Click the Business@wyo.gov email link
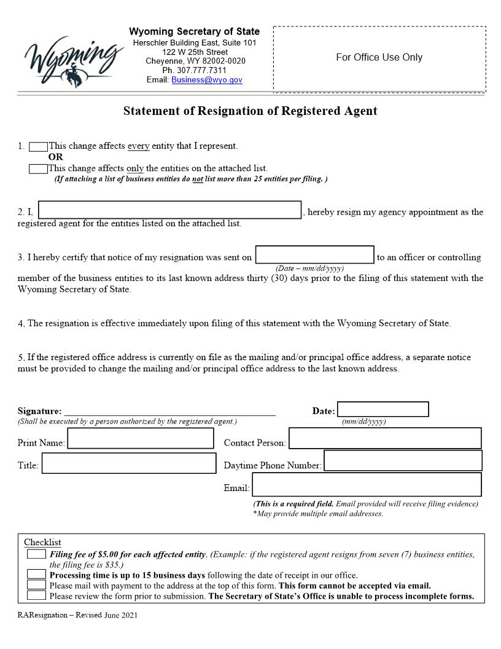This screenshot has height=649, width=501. point(207,80)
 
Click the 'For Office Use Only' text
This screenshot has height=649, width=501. point(379,57)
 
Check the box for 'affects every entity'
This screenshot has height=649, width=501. point(38,146)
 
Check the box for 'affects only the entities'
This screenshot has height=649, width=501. point(38,168)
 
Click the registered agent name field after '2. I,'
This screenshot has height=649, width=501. point(169,210)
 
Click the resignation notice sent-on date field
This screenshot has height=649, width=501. point(314,254)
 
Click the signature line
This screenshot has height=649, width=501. point(169,412)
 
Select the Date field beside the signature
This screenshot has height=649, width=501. point(383,409)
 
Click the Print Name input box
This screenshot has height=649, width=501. point(141,439)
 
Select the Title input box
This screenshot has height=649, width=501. point(129,463)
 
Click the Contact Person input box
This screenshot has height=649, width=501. point(385,438)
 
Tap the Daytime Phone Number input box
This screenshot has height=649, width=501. point(403,461)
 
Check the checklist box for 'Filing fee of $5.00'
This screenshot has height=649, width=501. point(36,554)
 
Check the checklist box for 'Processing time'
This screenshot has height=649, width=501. point(36,575)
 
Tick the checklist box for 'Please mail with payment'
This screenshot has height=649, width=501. point(36,585)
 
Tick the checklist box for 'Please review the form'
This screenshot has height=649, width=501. point(36,596)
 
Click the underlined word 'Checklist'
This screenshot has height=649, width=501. point(42,542)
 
